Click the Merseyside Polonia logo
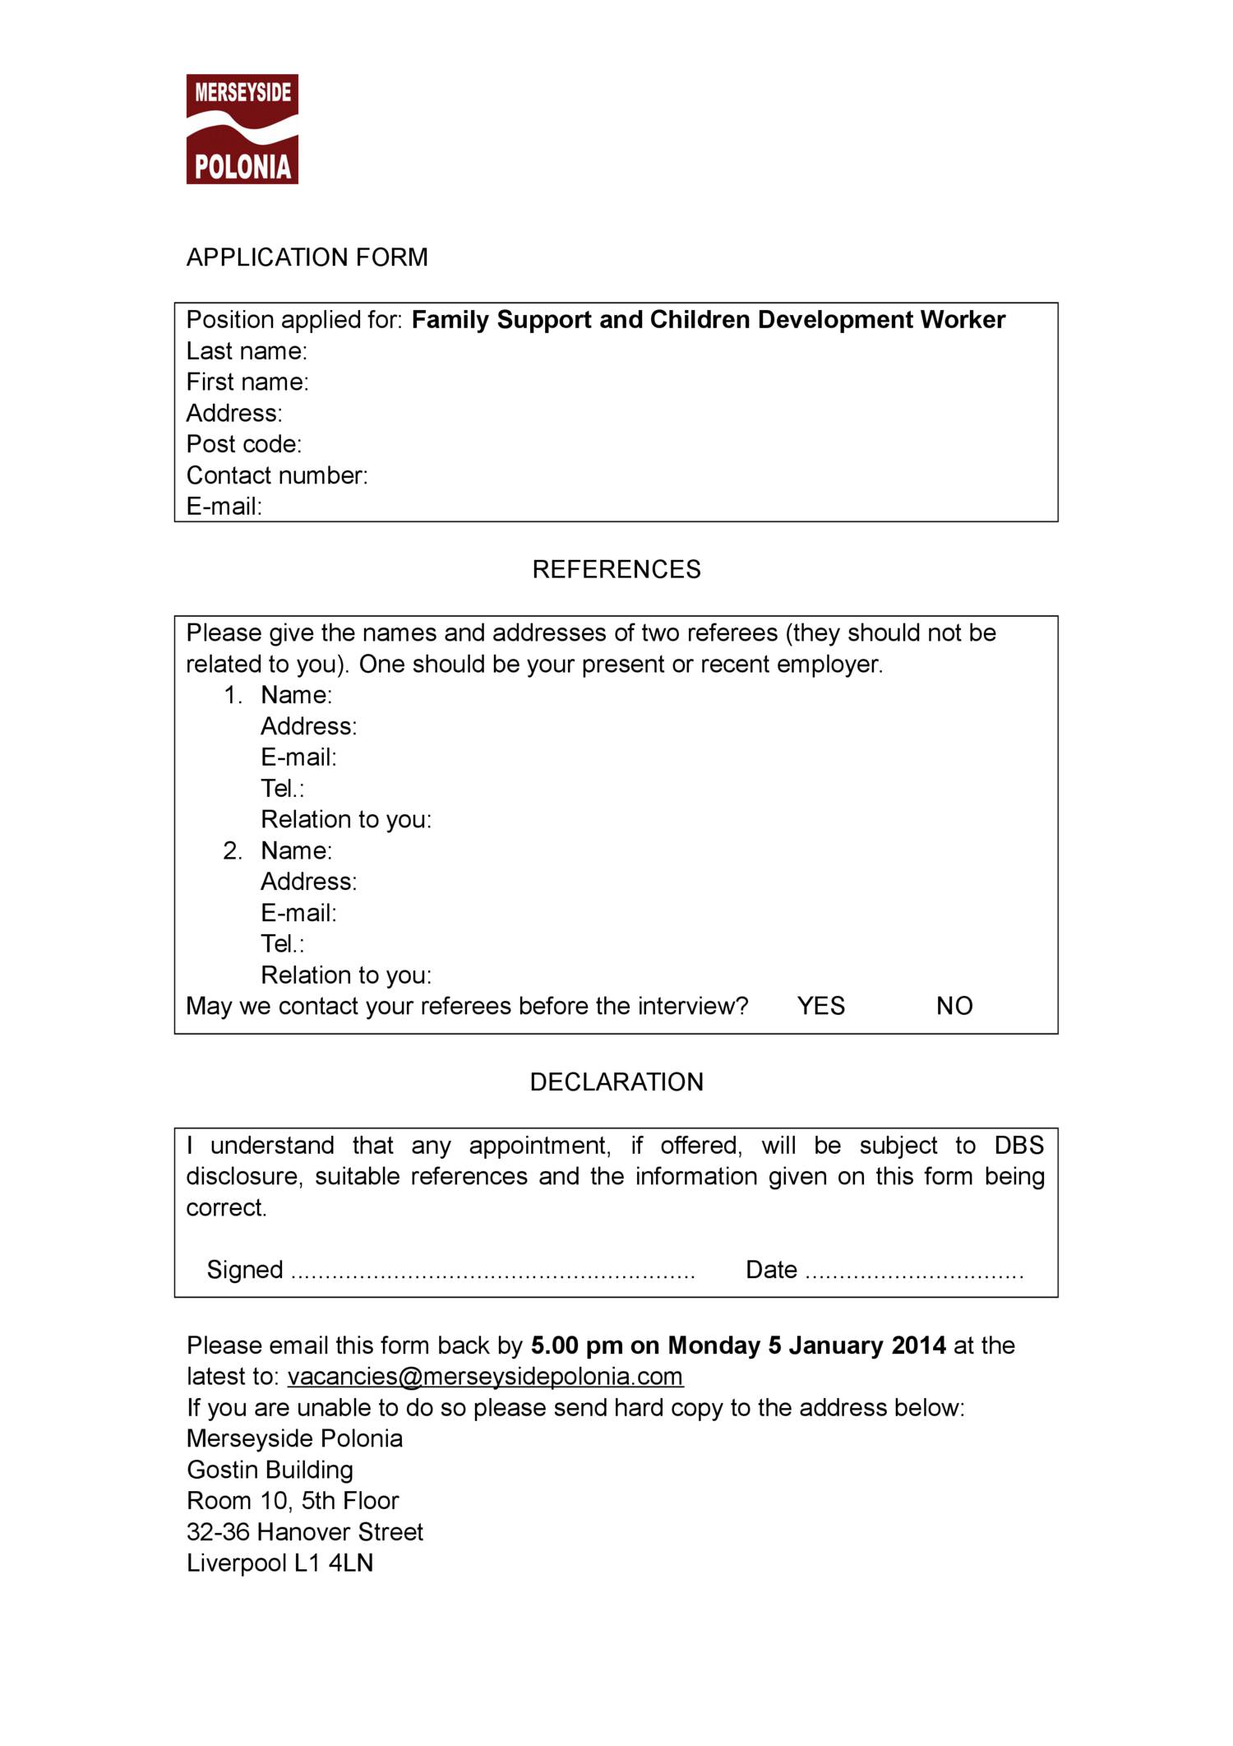click(x=242, y=129)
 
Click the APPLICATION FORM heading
click(x=307, y=257)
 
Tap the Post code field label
click(x=244, y=444)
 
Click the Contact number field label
click(x=277, y=475)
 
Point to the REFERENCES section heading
click(x=616, y=569)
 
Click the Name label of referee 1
click(x=296, y=695)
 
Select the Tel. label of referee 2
click(x=282, y=943)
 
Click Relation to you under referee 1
click(x=345, y=819)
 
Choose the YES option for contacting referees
click(x=820, y=1006)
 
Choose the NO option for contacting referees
click(x=954, y=1006)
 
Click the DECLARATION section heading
click(x=616, y=1081)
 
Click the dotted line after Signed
click(x=493, y=1271)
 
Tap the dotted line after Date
click(x=914, y=1271)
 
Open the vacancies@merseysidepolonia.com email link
click(x=485, y=1377)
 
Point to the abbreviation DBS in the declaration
click(x=1018, y=1146)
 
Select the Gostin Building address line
click(x=270, y=1470)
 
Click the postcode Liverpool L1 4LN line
click(x=279, y=1563)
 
